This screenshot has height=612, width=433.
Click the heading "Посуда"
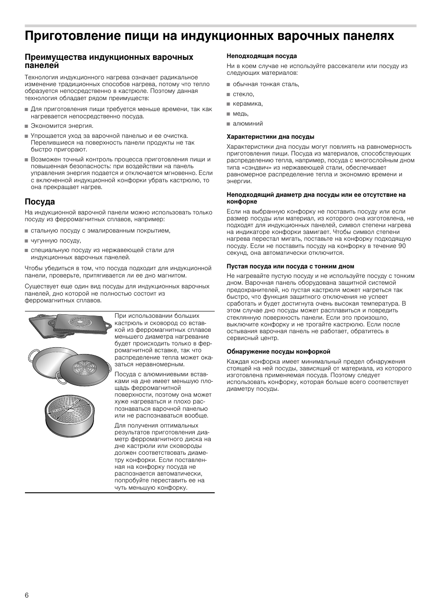click(x=40, y=202)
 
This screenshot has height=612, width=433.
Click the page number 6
click(x=27, y=595)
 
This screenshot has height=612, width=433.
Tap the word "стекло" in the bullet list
click(x=243, y=94)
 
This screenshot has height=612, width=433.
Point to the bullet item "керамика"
click(x=247, y=104)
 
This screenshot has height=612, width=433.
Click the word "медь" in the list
click(x=241, y=114)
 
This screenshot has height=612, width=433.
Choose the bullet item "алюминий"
click(x=248, y=124)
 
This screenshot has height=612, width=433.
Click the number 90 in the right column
click(x=402, y=246)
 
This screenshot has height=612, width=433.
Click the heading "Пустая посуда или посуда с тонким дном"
click(x=290, y=267)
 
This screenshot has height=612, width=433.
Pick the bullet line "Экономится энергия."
click(x=62, y=126)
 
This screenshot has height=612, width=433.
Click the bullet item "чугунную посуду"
click(x=55, y=241)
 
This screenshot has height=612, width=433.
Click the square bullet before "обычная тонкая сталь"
click(x=229, y=85)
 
